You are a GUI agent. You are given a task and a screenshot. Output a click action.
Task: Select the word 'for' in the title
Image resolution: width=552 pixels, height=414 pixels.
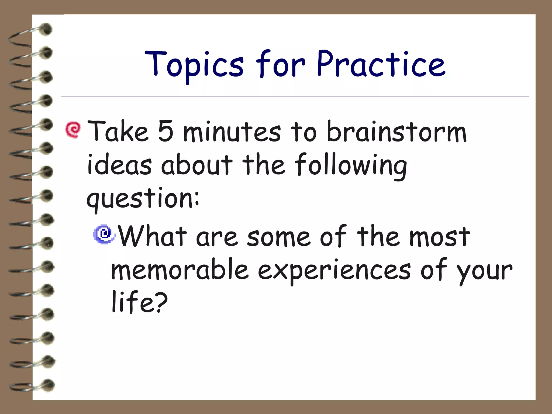pyautogui.click(x=280, y=64)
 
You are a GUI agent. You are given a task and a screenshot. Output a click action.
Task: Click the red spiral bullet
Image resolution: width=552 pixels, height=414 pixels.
pyautogui.click(x=73, y=130)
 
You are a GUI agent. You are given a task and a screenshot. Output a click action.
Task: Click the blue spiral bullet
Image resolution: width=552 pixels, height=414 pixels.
pyautogui.click(x=104, y=234)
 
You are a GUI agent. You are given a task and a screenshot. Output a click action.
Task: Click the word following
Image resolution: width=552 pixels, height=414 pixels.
pyautogui.click(x=350, y=165)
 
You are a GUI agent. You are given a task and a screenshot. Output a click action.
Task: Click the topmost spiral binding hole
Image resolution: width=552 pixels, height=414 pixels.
pyautogui.click(x=46, y=29)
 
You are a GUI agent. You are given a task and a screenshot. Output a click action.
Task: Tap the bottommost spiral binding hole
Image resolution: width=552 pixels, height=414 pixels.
pyautogui.click(x=49, y=385)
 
